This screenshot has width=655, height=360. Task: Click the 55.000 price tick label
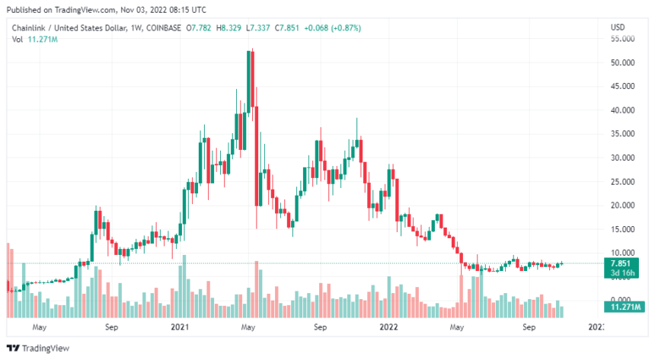pos(624,38)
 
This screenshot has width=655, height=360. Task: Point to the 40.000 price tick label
pos(624,110)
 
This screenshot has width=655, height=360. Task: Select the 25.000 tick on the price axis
pos(624,182)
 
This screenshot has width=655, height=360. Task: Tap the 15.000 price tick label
pos(624,229)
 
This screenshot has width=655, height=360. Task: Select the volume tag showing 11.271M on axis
pos(623,307)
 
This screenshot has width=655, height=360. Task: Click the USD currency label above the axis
pos(618,28)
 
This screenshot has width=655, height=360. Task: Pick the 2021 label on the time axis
pos(180,327)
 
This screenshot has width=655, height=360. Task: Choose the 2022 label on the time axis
pos(388,327)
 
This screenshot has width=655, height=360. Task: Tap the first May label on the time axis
pos(40,327)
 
